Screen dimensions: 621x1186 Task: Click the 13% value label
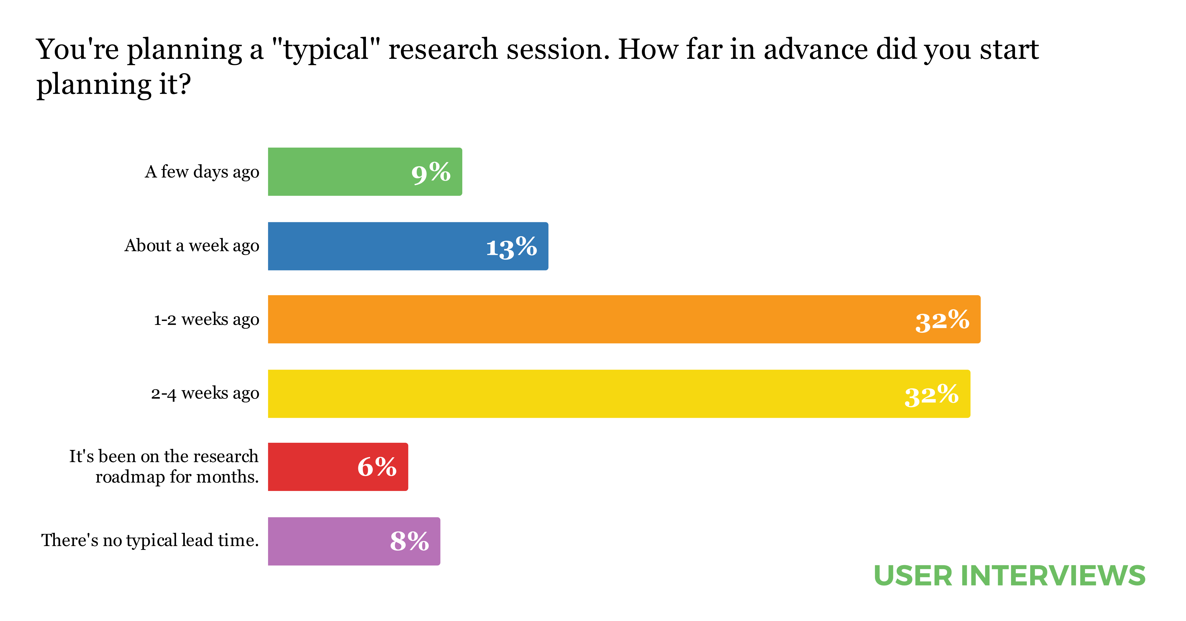(511, 247)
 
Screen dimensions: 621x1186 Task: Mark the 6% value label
(377, 467)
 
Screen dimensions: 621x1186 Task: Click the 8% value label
(409, 541)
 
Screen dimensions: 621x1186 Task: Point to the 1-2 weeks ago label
(206, 319)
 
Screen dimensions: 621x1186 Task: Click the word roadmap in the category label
(130, 477)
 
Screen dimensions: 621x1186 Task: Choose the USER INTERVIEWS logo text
(1009, 576)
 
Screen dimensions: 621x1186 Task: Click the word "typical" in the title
(326, 50)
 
